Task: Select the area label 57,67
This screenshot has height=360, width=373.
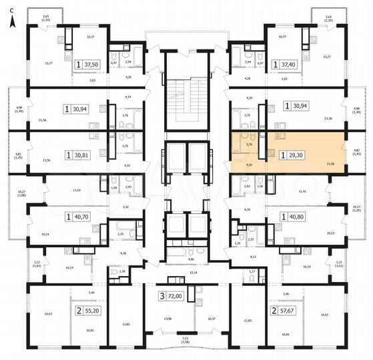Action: (288, 311)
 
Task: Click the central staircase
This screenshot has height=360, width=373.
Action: (185, 107)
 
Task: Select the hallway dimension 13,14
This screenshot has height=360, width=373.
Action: (193, 273)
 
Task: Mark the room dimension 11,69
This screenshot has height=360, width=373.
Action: (77, 191)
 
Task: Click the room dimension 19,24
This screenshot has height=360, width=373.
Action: (45, 234)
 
